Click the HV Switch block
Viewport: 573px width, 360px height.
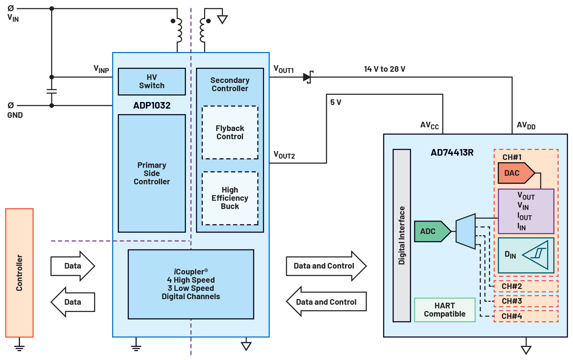pos(152,82)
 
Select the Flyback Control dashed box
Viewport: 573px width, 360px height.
pos(230,132)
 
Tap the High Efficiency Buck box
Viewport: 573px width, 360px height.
pos(230,198)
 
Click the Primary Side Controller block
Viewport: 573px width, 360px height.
pos(152,173)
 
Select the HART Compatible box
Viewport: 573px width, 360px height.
pos(445,310)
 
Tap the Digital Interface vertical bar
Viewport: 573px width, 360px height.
pos(402,235)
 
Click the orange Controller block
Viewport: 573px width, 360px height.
pos(19,273)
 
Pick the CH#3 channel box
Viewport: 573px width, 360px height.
pos(526,301)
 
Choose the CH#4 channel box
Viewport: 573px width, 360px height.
pos(526,316)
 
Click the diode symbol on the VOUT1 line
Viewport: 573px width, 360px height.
pos(308,77)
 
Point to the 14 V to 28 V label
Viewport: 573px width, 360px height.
pos(384,69)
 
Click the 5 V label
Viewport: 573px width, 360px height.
pos(336,102)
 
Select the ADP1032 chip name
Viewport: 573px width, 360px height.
pos(152,105)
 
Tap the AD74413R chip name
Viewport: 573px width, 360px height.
pos(452,153)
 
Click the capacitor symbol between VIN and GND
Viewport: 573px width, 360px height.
pos(52,91)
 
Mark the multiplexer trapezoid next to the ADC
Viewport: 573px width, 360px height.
pos(466,231)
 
